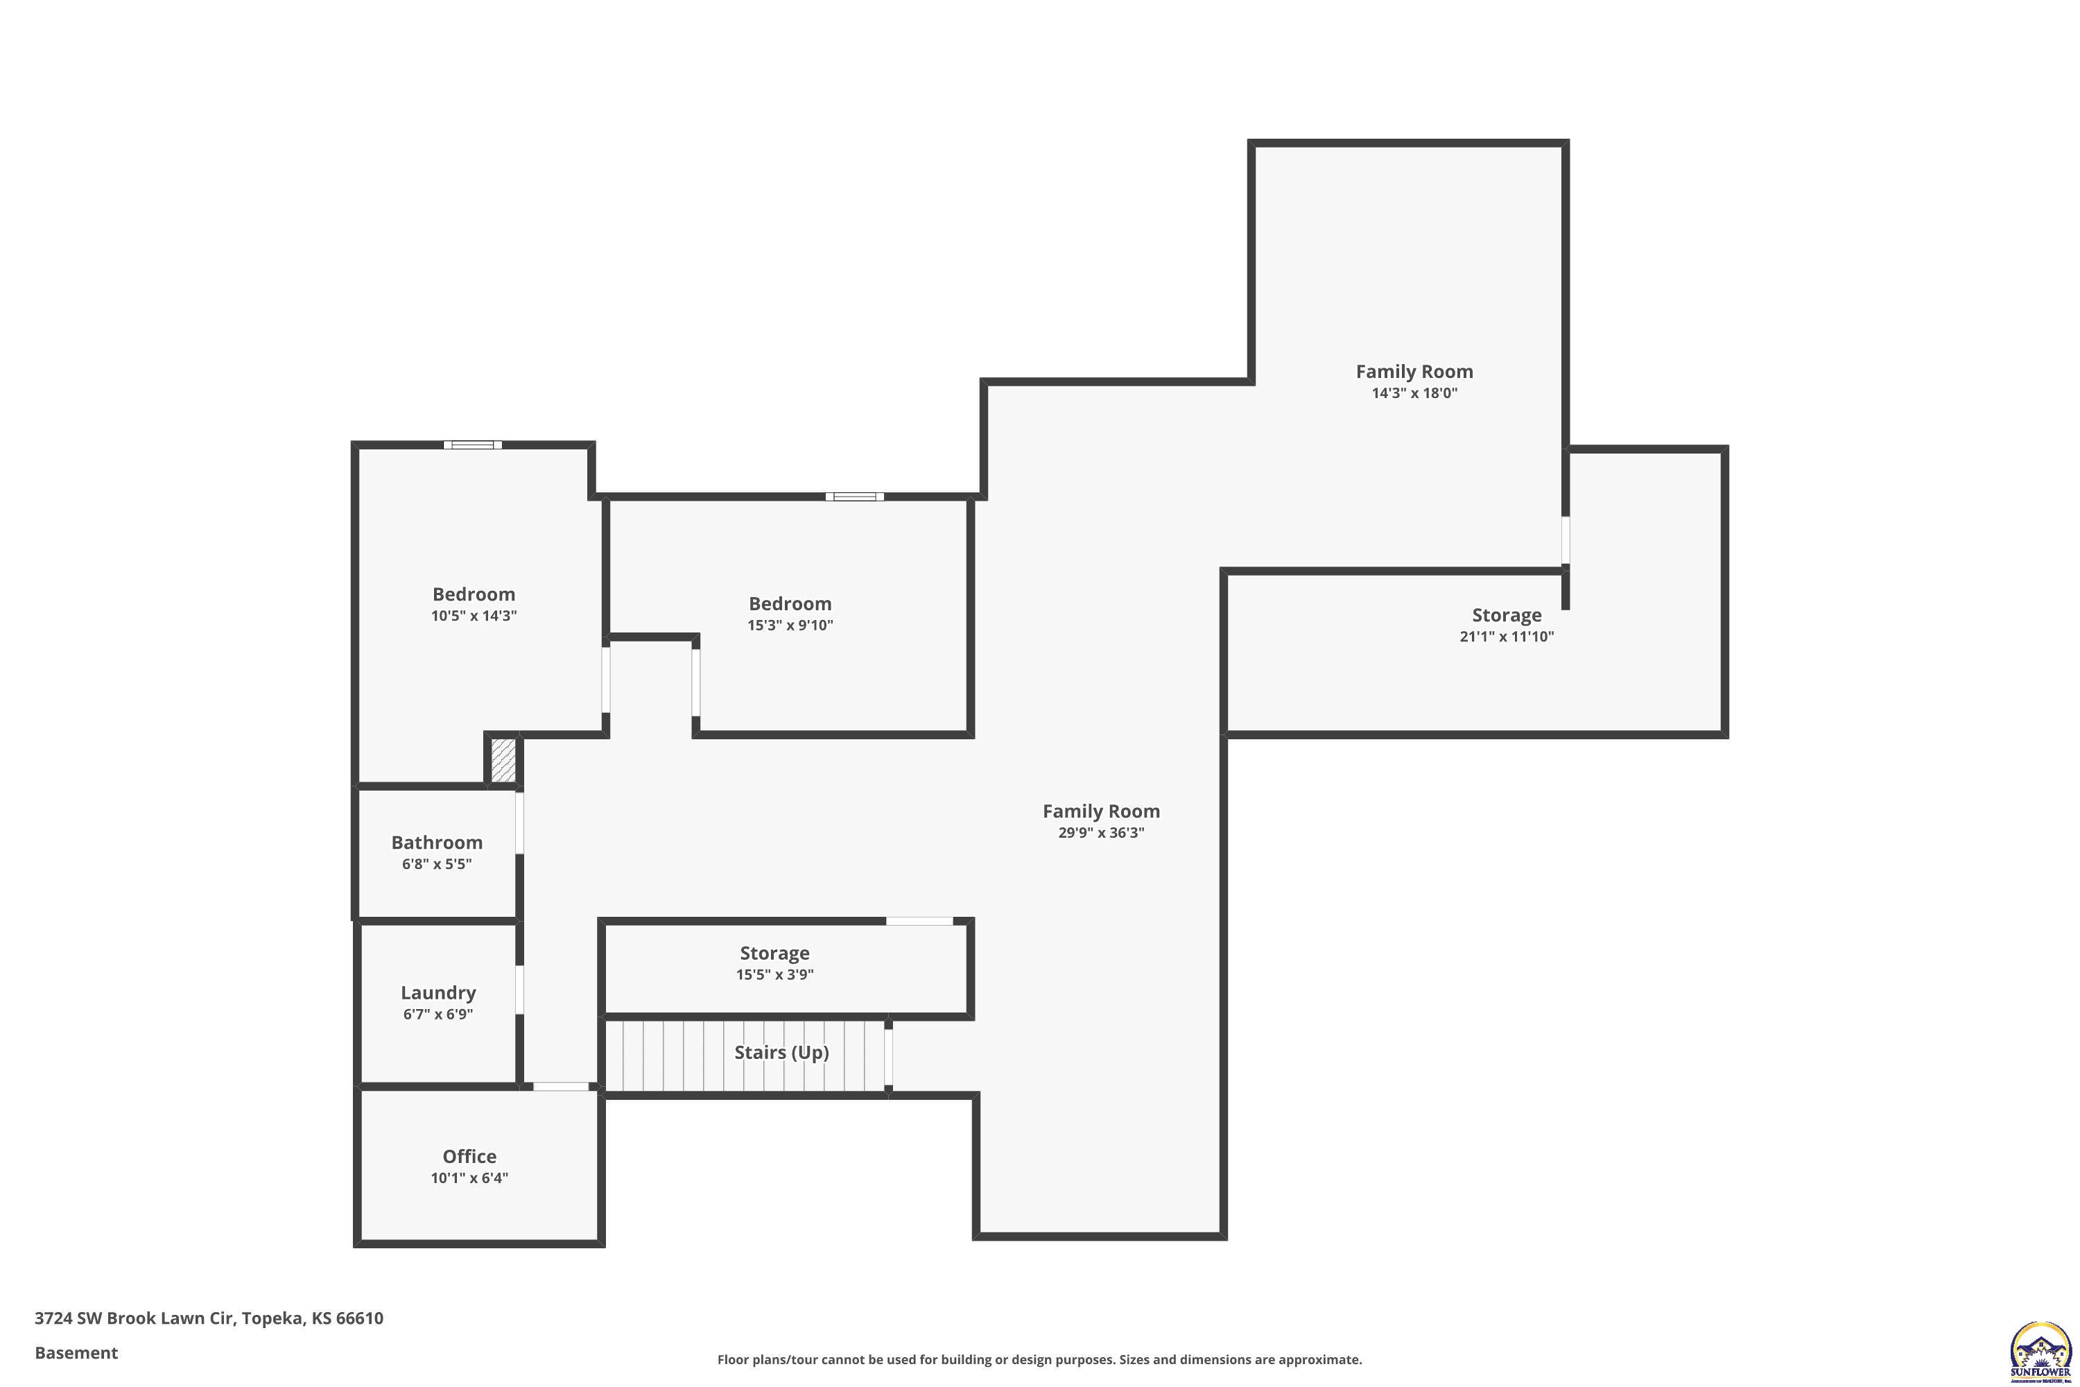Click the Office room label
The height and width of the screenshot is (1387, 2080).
(x=469, y=1156)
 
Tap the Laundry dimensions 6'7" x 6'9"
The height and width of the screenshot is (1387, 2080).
(x=437, y=1015)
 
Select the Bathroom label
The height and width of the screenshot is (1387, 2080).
(x=437, y=842)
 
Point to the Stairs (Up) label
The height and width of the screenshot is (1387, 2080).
(x=781, y=1052)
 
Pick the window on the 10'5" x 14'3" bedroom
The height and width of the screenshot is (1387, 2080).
(x=472, y=445)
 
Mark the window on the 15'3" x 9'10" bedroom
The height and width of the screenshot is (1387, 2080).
(x=854, y=497)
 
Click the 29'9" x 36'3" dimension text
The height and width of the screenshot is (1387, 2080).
(x=1101, y=832)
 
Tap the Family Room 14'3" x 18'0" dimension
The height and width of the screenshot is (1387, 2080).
(x=1414, y=393)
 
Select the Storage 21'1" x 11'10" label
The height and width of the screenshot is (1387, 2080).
(x=1506, y=614)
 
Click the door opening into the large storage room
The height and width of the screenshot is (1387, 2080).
(x=1566, y=540)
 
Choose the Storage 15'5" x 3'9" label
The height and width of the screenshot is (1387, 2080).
(x=774, y=953)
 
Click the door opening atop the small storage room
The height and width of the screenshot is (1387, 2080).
(x=920, y=922)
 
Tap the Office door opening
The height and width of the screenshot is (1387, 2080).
(x=561, y=1086)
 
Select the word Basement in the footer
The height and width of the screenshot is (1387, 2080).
(x=76, y=1352)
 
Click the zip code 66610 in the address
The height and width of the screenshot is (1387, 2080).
(x=359, y=1318)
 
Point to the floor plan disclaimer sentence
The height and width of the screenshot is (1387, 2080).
(x=1039, y=1359)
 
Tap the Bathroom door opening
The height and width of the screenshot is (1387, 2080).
(x=520, y=822)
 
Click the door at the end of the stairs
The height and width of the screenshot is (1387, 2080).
(x=888, y=1056)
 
